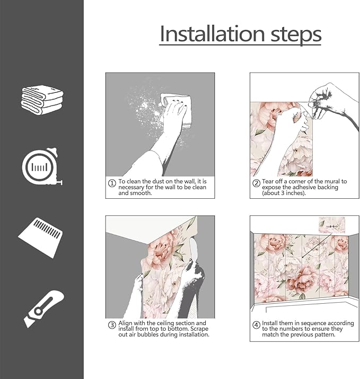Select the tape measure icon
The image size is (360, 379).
point(41,168)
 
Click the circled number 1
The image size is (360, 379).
point(112,183)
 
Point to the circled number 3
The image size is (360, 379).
point(112,325)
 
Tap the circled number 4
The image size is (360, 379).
point(256,324)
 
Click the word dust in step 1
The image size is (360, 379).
point(155,181)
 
